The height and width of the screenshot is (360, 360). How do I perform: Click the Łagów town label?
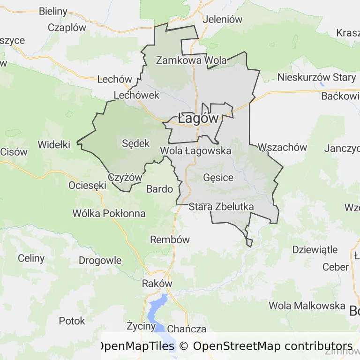point(198,118)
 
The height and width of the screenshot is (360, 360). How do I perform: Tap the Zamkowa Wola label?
point(191,60)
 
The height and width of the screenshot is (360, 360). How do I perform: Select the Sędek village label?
point(135,143)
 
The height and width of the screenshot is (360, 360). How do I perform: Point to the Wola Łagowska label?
point(195,151)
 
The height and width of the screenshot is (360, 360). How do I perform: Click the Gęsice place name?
point(218,178)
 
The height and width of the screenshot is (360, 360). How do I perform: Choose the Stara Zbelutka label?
point(221,207)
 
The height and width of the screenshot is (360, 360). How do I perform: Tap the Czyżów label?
point(125,178)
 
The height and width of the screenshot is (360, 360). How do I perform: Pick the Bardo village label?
point(160,189)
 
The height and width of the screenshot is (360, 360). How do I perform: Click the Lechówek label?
point(137,95)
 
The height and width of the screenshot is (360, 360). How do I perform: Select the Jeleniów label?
point(222,20)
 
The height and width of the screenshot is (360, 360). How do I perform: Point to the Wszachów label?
point(283,147)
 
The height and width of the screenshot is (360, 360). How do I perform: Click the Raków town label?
point(157,284)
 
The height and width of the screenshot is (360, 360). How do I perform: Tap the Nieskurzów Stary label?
point(316,77)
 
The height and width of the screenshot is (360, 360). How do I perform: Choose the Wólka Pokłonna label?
point(109,214)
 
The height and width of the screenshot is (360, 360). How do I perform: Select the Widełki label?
point(54,144)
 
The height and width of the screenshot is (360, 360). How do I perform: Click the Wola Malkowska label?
point(307,306)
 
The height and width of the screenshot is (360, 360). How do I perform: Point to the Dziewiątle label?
point(315,249)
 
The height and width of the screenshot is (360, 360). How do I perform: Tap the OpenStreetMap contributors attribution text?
point(273,346)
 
